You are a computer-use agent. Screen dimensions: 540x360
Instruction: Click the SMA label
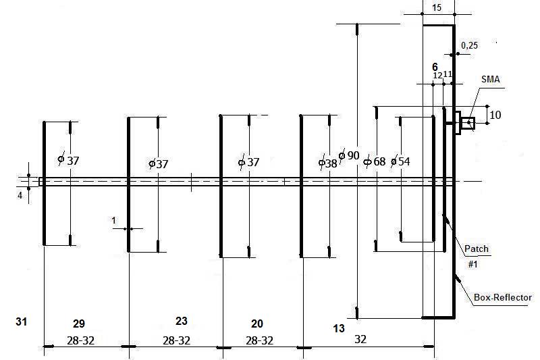coord(491,79)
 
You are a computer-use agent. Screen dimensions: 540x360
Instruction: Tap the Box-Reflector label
coord(503,297)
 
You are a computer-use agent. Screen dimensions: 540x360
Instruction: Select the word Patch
coord(477,249)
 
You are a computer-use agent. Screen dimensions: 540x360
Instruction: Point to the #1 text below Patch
coord(473,264)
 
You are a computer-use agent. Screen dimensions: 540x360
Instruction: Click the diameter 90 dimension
coord(349,156)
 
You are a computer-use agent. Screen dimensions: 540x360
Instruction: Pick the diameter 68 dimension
coord(375,161)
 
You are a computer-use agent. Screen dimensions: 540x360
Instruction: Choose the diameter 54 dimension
coord(400,161)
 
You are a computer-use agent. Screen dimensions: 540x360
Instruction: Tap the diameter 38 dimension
coord(328,163)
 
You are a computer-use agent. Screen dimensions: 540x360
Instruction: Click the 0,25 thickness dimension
coord(469,45)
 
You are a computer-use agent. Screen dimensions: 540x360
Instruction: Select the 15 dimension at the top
coord(436,7)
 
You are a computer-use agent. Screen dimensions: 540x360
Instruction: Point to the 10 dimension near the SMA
coord(495,115)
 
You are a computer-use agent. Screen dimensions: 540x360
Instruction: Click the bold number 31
coord(22,322)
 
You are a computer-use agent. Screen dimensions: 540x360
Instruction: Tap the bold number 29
coord(79,324)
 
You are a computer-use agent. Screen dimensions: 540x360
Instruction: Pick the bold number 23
coord(182,321)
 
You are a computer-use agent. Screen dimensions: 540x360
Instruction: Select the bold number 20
coord(257,324)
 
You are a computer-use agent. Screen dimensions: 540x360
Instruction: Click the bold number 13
coord(339,328)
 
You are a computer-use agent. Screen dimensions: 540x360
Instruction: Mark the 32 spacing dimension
coord(360,339)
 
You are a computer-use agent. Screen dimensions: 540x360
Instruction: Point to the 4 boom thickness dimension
coord(20,195)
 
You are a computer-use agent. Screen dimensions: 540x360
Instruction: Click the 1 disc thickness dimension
coord(114,220)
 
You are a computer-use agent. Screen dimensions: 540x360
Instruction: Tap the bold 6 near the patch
coord(435,67)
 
